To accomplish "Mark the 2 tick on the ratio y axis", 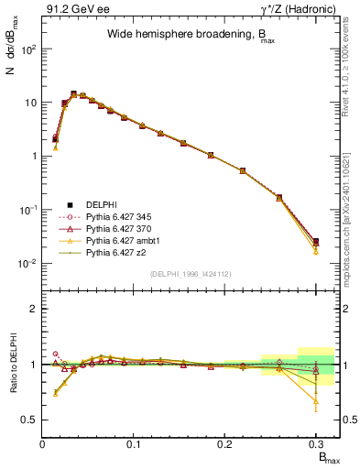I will pyautogui.click(x=35, y=310).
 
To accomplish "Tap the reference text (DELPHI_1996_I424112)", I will pyautogui.click(x=179, y=273).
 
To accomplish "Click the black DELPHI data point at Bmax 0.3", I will pyautogui.click(x=315, y=242).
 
